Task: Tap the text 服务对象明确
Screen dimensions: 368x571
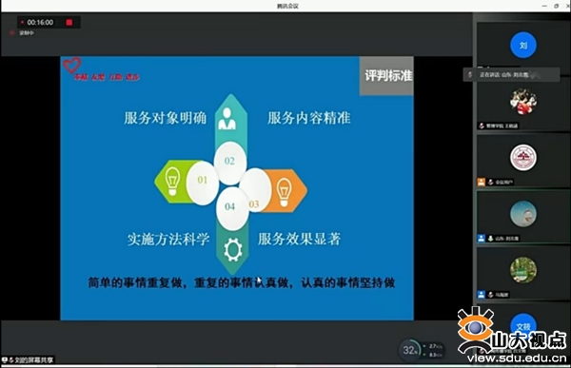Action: [165, 118]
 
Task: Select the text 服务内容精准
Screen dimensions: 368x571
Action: [308, 118]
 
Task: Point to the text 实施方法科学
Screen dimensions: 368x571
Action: [165, 238]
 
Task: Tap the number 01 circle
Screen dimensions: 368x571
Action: [202, 179]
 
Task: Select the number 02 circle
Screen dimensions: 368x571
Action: [229, 161]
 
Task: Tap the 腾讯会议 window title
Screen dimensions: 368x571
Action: [285, 5]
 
